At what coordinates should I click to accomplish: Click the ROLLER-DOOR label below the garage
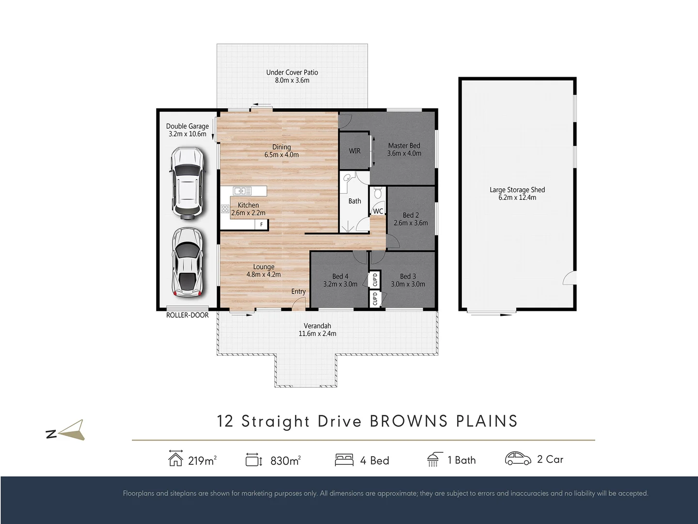point(187,315)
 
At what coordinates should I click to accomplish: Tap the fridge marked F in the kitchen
point(261,225)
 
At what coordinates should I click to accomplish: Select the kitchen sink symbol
point(242,191)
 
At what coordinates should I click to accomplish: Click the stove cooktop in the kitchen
point(225,209)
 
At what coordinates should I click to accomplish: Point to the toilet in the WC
point(378,193)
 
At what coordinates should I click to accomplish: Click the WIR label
point(354,151)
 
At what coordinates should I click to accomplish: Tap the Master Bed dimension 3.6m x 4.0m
point(404,153)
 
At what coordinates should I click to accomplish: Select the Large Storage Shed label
point(517,190)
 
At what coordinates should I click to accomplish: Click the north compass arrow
point(73,430)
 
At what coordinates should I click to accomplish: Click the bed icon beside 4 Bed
point(344,460)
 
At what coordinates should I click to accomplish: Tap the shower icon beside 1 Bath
point(434,460)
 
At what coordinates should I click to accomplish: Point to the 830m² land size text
point(286,461)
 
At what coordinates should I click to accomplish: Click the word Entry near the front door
point(298,292)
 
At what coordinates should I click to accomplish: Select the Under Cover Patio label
point(292,73)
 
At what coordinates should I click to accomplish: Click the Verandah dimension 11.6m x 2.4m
point(317,334)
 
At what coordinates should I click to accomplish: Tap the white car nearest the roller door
point(188,262)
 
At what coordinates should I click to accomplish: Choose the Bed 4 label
point(340,277)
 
